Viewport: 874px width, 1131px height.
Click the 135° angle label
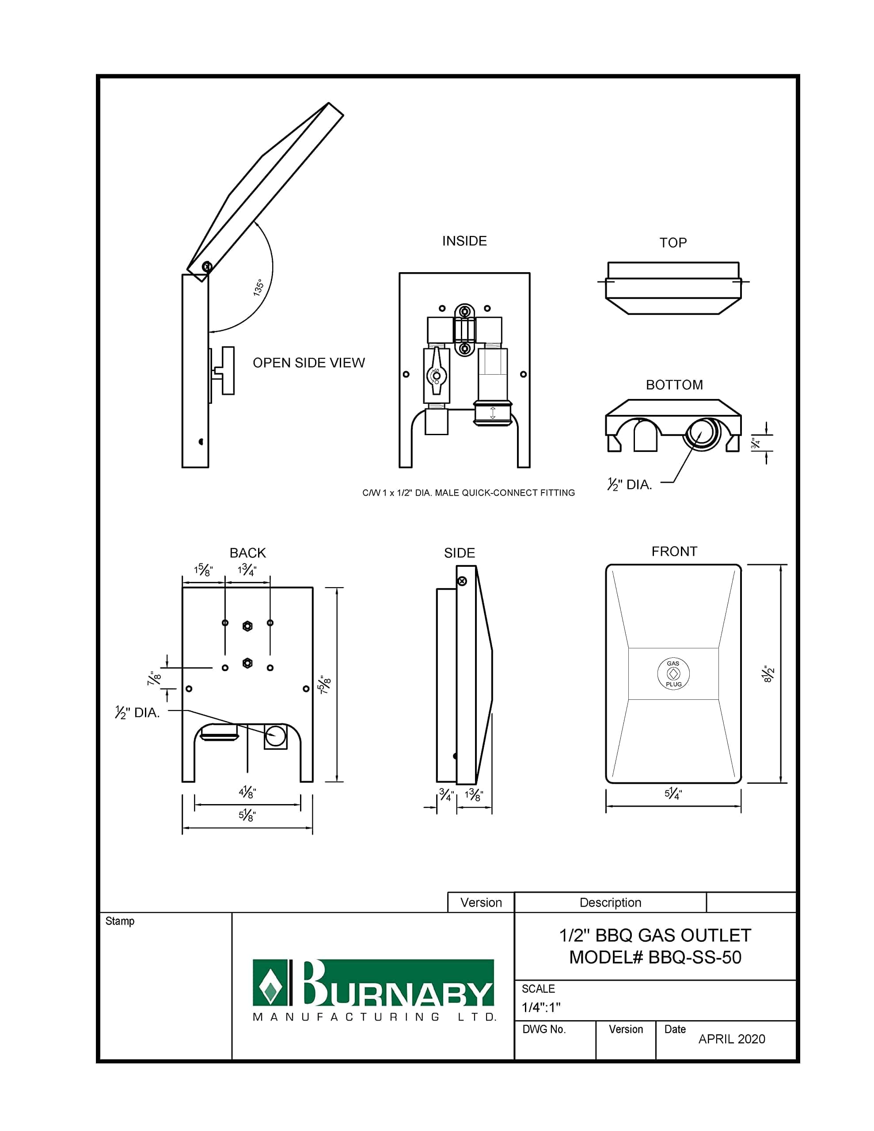[258, 288]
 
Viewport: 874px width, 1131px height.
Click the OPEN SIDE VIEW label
[308, 363]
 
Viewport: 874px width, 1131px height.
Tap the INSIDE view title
[464, 241]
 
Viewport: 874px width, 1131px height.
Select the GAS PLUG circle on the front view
[673, 674]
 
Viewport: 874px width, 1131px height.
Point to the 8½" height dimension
[768, 674]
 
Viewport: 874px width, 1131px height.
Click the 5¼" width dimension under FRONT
[673, 793]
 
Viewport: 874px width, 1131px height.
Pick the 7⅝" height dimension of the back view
[325, 685]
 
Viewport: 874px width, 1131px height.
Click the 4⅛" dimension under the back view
[247, 792]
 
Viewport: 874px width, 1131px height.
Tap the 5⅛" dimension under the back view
[247, 816]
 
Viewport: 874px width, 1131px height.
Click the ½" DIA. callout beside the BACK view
[137, 713]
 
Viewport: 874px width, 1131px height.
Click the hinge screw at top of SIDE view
[462, 581]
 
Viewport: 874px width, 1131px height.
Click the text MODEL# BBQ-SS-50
[655, 957]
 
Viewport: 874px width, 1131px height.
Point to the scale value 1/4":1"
[540, 1007]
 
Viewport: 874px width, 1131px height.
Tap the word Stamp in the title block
[120, 921]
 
